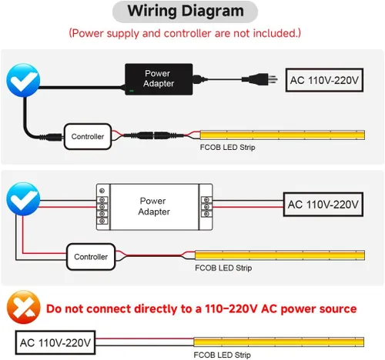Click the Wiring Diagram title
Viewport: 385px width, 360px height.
[x=186, y=12]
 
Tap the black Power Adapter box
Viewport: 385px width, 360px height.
[x=159, y=79]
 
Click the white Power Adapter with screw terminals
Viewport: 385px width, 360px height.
[x=154, y=207]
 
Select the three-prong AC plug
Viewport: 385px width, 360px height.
[x=259, y=79]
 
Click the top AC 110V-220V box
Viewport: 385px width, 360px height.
[x=324, y=80]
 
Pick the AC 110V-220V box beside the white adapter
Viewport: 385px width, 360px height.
[x=323, y=205]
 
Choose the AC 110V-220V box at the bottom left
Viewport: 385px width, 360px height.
[x=55, y=342]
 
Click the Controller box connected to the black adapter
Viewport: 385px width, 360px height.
[x=88, y=136]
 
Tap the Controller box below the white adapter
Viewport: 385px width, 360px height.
[x=91, y=257]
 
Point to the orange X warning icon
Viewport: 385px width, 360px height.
[x=23, y=307]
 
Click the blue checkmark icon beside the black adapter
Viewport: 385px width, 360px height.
[x=23, y=80]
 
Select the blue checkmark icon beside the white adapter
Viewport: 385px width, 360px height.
[x=23, y=199]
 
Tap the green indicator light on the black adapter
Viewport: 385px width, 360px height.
[x=132, y=91]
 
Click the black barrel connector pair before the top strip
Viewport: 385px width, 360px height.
[x=153, y=135]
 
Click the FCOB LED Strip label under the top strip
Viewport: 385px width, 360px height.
[x=227, y=148]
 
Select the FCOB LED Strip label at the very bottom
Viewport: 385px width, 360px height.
[x=222, y=355]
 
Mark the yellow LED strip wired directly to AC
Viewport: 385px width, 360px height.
[x=279, y=342]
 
